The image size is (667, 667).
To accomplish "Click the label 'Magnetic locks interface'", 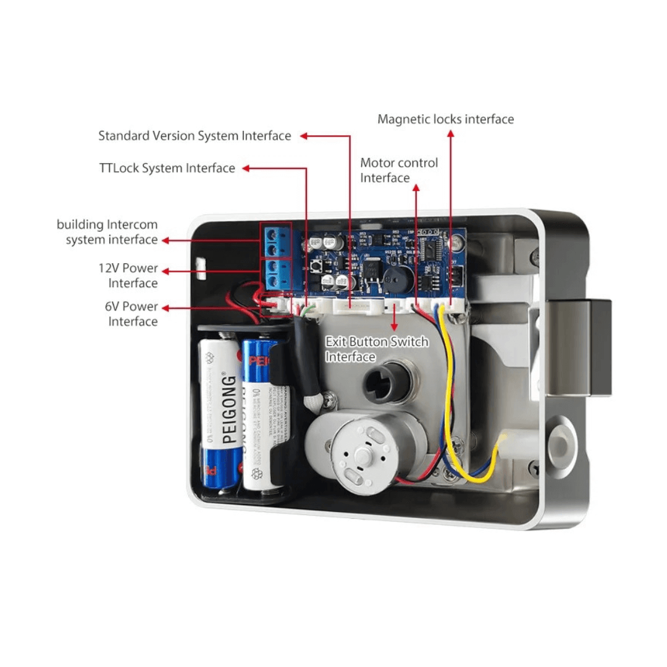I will (445, 119).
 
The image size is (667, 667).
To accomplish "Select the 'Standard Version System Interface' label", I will (195, 136).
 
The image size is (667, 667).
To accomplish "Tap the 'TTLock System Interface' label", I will (167, 168).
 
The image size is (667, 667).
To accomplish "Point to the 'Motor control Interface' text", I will (399, 170).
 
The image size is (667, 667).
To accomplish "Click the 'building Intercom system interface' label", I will (107, 232).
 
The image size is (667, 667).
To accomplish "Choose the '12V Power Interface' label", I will (128, 275).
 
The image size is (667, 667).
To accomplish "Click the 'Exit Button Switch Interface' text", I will (376, 350).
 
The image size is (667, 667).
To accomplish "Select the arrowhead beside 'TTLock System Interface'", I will (246, 168).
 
